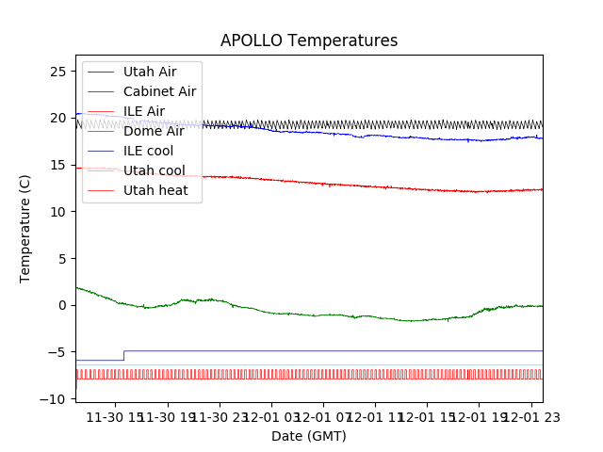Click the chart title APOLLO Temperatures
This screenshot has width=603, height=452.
click(309, 41)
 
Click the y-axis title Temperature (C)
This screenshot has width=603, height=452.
click(25, 228)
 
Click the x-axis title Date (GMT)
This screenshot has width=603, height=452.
click(309, 436)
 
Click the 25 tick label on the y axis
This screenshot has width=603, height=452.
click(58, 72)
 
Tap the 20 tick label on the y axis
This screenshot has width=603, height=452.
click(58, 119)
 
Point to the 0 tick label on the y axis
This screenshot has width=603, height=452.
click(62, 305)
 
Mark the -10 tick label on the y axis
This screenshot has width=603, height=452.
click(56, 398)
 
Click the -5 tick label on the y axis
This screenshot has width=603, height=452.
click(58, 352)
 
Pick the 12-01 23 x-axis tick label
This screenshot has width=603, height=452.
click(529, 418)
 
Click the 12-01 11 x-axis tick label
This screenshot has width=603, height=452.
click(375, 418)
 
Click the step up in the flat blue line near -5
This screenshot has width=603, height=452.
click(123, 355)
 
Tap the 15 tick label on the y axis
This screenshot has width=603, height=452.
click(58, 165)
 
